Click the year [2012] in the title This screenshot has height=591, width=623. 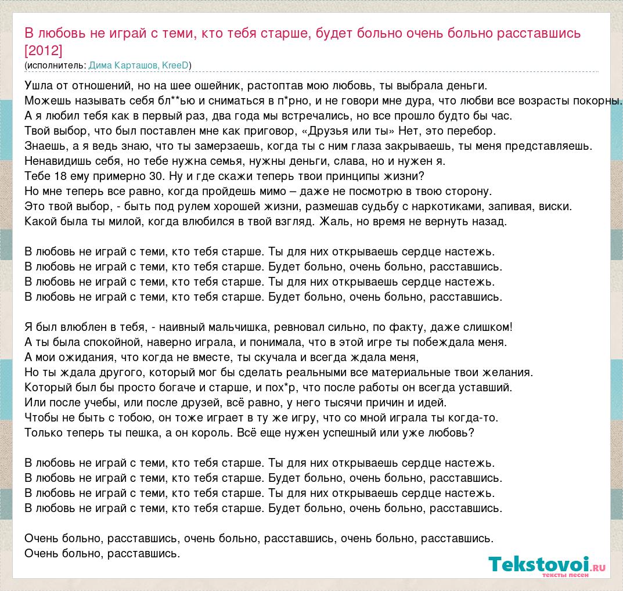(44, 50)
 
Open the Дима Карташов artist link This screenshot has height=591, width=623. (123, 65)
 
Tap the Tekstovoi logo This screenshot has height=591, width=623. (538, 564)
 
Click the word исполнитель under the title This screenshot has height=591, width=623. (55, 65)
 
